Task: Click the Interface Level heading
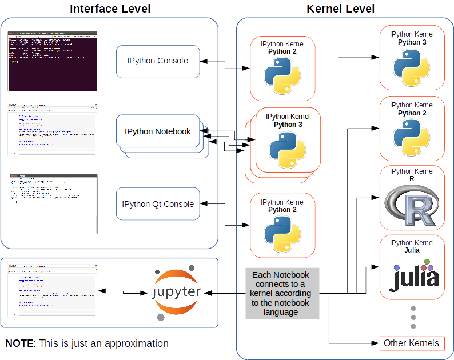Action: (x=110, y=9)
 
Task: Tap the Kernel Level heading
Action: (x=341, y=9)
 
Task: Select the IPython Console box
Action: (x=158, y=61)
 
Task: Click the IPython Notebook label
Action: (x=158, y=131)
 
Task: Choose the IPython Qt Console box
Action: (x=158, y=204)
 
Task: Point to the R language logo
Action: (x=411, y=206)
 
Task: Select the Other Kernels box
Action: (x=412, y=343)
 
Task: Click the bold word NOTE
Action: (x=19, y=343)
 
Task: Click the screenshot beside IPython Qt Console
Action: (x=53, y=204)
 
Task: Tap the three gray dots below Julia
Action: (x=413, y=317)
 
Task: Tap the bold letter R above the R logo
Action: (x=412, y=179)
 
